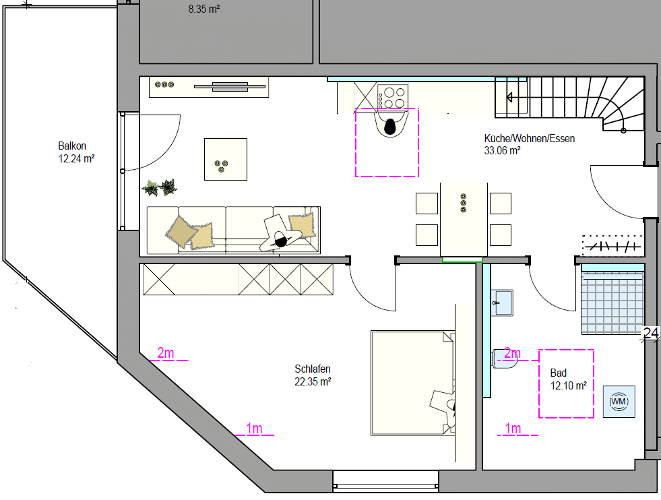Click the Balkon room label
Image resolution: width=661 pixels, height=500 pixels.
(x=72, y=146)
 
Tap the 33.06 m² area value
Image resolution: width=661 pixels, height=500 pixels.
(x=502, y=150)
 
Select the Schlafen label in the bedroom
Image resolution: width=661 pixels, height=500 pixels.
(x=313, y=369)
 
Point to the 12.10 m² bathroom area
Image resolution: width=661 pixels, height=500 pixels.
(x=569, y=385)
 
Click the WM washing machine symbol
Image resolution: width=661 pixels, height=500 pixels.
(x=619, y=402)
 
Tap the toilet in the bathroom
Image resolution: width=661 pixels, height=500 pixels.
(x=505, y=358)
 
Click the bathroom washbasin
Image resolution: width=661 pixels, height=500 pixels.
(x=502, y=303)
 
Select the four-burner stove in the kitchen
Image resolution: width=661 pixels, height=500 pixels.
(x=392, y=98)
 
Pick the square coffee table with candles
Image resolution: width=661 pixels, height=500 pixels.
(x=226, y=159)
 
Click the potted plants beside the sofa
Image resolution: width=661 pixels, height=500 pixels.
(x=160, y=187)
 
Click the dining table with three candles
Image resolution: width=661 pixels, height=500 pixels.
(x=464, y=219)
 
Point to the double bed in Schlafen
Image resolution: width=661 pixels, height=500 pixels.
(x=412, y=383)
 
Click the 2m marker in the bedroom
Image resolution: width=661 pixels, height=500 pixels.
(x=166, y=353)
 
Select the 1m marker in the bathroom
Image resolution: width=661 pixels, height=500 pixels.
(x=513, y=429)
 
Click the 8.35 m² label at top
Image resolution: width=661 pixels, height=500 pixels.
(x=204, y=9)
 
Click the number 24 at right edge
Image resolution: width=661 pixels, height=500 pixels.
(x=651, y=333)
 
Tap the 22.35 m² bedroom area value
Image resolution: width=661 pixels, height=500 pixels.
(x=313, y=382)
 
